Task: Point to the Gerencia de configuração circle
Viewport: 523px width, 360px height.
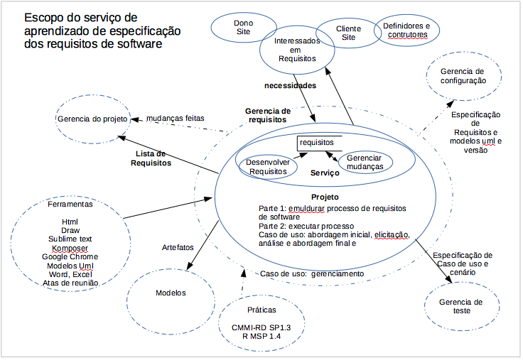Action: click(463, 76)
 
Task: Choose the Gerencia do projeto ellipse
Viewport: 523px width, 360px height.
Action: click(91, 119)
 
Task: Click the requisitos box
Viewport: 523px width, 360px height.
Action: click(319, 143)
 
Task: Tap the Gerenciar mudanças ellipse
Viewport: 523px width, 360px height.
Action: click(365, 162)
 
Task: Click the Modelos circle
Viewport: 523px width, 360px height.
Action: click(171, 293)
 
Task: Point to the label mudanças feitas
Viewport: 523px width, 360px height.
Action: click(173, 119)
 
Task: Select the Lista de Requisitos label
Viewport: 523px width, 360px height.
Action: click(151, 158)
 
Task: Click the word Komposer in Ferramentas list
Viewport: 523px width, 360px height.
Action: click(70, 248)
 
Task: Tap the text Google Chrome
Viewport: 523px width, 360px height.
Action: click(70, 256)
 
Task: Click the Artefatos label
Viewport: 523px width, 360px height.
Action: click(177, 247)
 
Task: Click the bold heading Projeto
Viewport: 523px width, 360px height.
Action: click(325, 197)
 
